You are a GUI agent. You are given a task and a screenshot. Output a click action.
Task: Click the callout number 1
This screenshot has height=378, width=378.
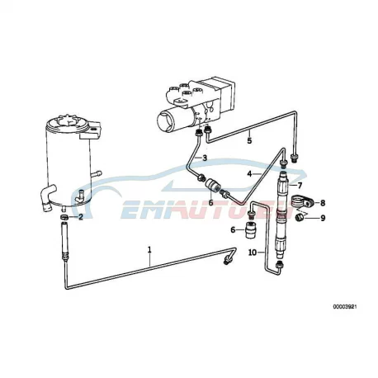pos(149,250)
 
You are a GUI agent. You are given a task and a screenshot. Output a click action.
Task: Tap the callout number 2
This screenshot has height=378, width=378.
pos(81,217)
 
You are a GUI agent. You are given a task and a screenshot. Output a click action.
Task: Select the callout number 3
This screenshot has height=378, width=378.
pos(205,158)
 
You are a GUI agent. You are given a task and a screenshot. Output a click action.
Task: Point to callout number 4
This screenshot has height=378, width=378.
pos(249,174)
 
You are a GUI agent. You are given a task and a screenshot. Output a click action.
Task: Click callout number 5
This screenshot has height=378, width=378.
pos(249,140)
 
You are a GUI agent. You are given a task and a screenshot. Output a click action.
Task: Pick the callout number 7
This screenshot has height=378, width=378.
pos(300,185)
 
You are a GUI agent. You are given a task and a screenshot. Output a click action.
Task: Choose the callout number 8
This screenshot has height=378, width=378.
pos(323,203)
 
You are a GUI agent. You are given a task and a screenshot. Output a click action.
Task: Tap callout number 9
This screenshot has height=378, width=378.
pos(323,218)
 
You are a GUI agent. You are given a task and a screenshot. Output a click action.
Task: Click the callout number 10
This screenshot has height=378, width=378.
pos(253,253)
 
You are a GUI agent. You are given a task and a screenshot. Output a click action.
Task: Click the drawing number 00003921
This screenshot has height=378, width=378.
pos(345,307)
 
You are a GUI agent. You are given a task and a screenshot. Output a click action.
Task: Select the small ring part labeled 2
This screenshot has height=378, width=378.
pos(64,217)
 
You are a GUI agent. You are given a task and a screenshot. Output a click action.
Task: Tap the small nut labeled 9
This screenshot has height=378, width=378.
pos(299,218)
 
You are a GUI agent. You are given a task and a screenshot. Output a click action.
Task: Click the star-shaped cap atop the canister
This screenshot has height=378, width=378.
pos(69,122)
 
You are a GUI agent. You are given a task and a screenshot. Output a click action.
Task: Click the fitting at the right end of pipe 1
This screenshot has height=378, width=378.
pos(229,260)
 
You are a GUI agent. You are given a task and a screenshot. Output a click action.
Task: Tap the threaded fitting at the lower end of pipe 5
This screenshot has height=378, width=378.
pos(295,158)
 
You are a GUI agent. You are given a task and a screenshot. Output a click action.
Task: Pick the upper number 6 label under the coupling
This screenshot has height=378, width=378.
pos(210,203)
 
